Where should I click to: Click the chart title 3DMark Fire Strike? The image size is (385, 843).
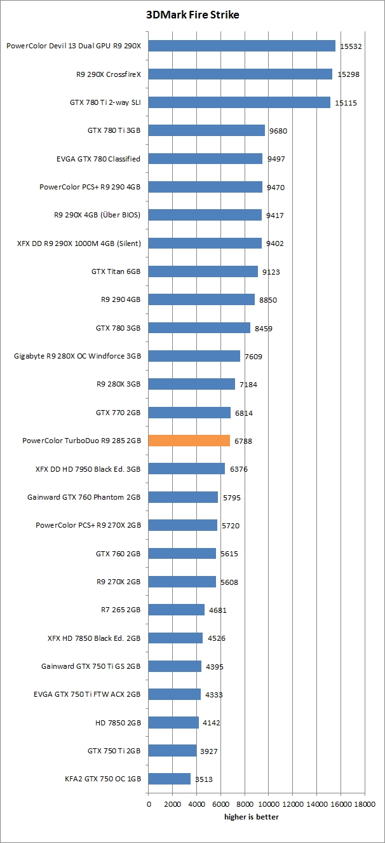click(192, 15)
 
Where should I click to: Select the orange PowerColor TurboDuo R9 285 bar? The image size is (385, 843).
click(189, 441)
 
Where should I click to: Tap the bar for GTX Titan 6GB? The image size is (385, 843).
click(203, 271)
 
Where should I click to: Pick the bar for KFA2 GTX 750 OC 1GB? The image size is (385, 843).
click(169, 778)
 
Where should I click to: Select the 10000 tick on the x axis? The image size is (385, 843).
click(268, 804)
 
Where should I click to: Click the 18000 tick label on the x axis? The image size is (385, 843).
click(365, 804)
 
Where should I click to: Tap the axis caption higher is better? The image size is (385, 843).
click(251, 817)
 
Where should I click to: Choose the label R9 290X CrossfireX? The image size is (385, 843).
click(108, 74)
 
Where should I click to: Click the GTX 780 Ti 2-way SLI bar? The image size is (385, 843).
click(239, 102)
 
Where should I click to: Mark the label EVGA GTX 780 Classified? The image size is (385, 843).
click(98, 158)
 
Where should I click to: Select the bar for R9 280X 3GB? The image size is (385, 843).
click(191, 384)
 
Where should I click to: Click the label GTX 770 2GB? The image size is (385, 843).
click(118, 413)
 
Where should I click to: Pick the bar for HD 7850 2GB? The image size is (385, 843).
click(173, 722)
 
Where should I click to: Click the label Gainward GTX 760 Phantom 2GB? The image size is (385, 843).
click(84, 497)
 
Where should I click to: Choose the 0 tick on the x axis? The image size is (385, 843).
click(149, 804)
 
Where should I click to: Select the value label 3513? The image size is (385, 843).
click(203, 779)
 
